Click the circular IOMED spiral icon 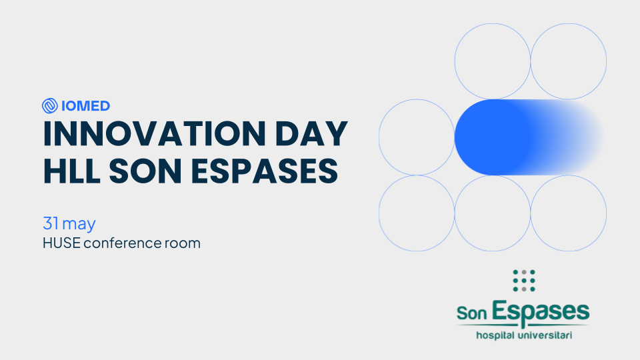[50, 106]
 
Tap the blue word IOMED [86, 106]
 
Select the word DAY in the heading [311, 133]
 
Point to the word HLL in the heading [72, 171]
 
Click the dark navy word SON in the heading [145, 171]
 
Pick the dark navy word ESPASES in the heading [265, 171]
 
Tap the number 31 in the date [51, 223]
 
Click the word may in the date [79, 225]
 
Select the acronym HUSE [61, 243]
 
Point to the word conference [122, 243]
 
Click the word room [183, 244]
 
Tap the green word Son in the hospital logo [472, 313]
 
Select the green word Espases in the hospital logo [541, 313]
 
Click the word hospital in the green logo [495, 335]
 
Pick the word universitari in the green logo [545, 335]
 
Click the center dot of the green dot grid [524, 281]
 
